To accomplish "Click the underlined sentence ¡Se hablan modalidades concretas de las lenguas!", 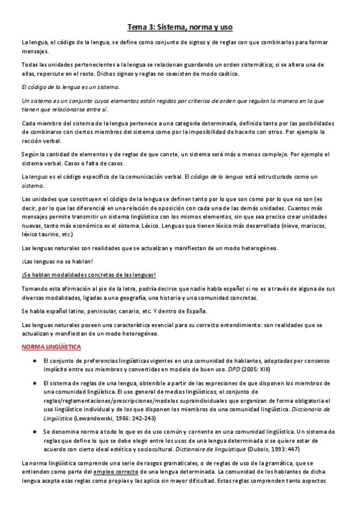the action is pyautogui.click(x=88, y=275).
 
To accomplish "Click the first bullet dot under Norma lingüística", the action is pyautogui.click(x=36, y=360).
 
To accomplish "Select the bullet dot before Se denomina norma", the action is pyautogui.click(x=36, y=432).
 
